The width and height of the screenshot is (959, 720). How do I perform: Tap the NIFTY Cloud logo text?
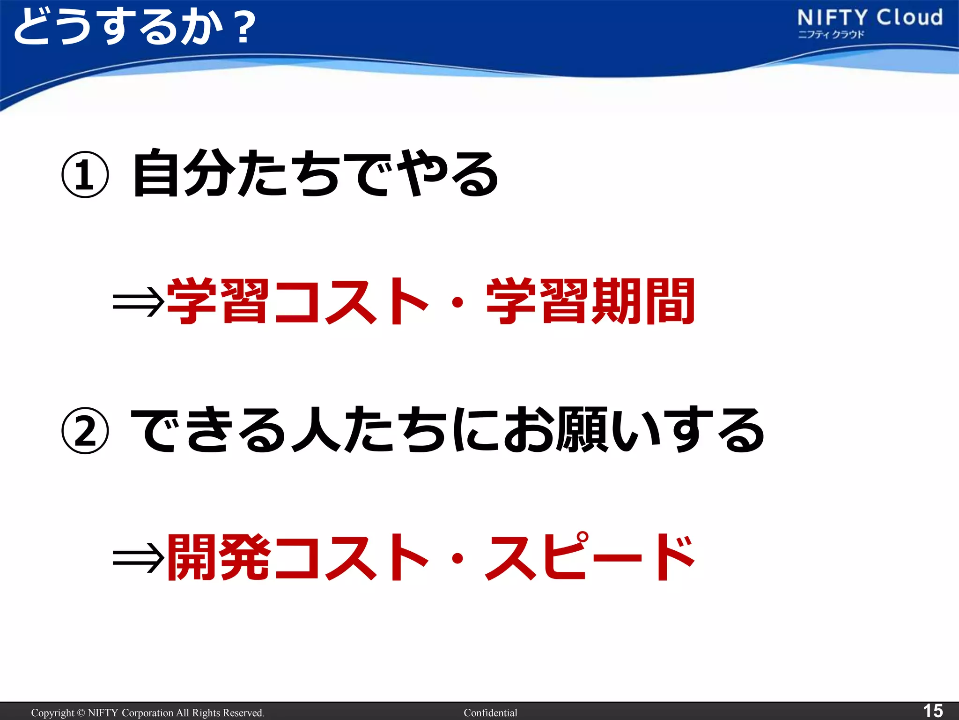(x=870, y=18)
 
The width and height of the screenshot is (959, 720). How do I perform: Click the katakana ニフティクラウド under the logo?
(x=831, y=34)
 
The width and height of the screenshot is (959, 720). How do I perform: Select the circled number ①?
(x=85, y=175)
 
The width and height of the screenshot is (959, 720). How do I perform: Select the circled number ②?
(x=85, y=430)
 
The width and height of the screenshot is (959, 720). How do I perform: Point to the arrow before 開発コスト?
(x=138, y=558)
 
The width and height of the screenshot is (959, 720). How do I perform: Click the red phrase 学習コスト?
(x=298, y=301)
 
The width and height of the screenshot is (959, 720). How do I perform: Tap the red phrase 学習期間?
(x=590, y=301)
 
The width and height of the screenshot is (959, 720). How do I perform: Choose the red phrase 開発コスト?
(x=298, y=557)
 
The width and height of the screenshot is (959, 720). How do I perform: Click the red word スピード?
(x=590, y=557)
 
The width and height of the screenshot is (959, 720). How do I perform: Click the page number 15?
(x=932, y=711)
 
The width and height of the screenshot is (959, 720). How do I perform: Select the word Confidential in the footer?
(x=490, y=713)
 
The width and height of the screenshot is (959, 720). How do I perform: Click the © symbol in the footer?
(x=81, y=713)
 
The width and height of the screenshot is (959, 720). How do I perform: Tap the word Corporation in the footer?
(x=147, y=713)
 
